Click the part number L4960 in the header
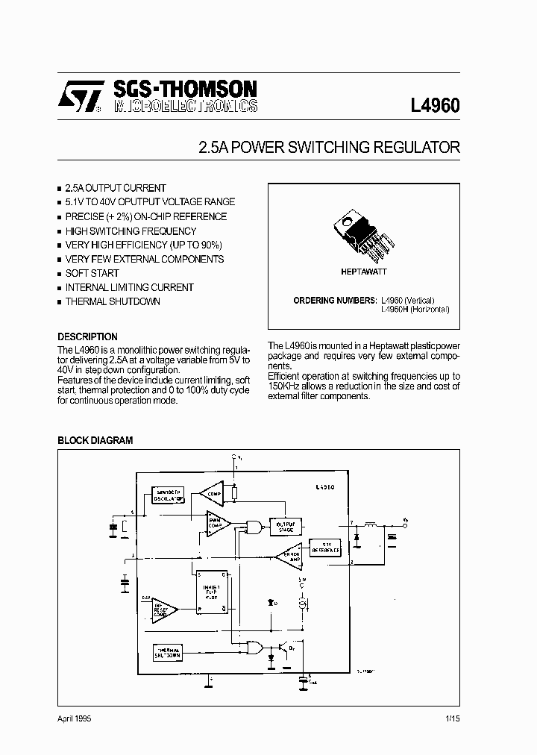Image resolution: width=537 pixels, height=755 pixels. pos(435,105)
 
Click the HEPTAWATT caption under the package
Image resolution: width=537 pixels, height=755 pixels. pos(364,272)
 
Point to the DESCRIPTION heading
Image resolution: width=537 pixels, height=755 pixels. pos(87,336)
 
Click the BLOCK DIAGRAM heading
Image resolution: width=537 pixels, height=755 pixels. pos(95,440)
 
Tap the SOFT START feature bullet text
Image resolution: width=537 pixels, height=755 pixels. pos(92,273)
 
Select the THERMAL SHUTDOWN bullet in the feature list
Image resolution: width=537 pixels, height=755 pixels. pos(113,301)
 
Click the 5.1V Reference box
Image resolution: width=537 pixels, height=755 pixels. pos(326,547)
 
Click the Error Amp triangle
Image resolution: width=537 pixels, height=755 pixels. pos(288,555)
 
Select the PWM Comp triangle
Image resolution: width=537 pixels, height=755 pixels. pos(219,523)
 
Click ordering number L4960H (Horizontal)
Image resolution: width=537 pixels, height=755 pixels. pos(415,308)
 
